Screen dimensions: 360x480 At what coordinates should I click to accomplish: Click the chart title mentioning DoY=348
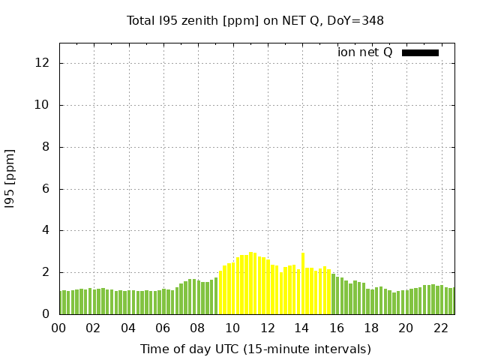[x=255, y=20]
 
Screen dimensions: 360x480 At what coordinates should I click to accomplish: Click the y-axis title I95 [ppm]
[x=10, y=178]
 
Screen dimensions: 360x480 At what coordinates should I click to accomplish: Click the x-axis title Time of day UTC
[x=255, y=349]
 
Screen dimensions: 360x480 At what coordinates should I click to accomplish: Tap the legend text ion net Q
[x=364, y=52]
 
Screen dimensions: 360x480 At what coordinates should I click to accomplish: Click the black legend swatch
[x=420, y=52]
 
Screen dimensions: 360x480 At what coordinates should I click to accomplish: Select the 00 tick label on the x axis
[x=58, y=328]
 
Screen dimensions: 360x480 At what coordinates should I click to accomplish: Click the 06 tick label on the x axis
[x=163, y=328]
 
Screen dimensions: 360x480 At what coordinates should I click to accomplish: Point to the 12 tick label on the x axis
[x=267, y=328]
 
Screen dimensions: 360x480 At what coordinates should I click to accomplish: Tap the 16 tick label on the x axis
[x=336, y=328]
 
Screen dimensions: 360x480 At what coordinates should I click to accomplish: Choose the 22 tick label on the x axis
[x=440, y=328]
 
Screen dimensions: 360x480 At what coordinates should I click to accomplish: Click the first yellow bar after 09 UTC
[x=220, y=293]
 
